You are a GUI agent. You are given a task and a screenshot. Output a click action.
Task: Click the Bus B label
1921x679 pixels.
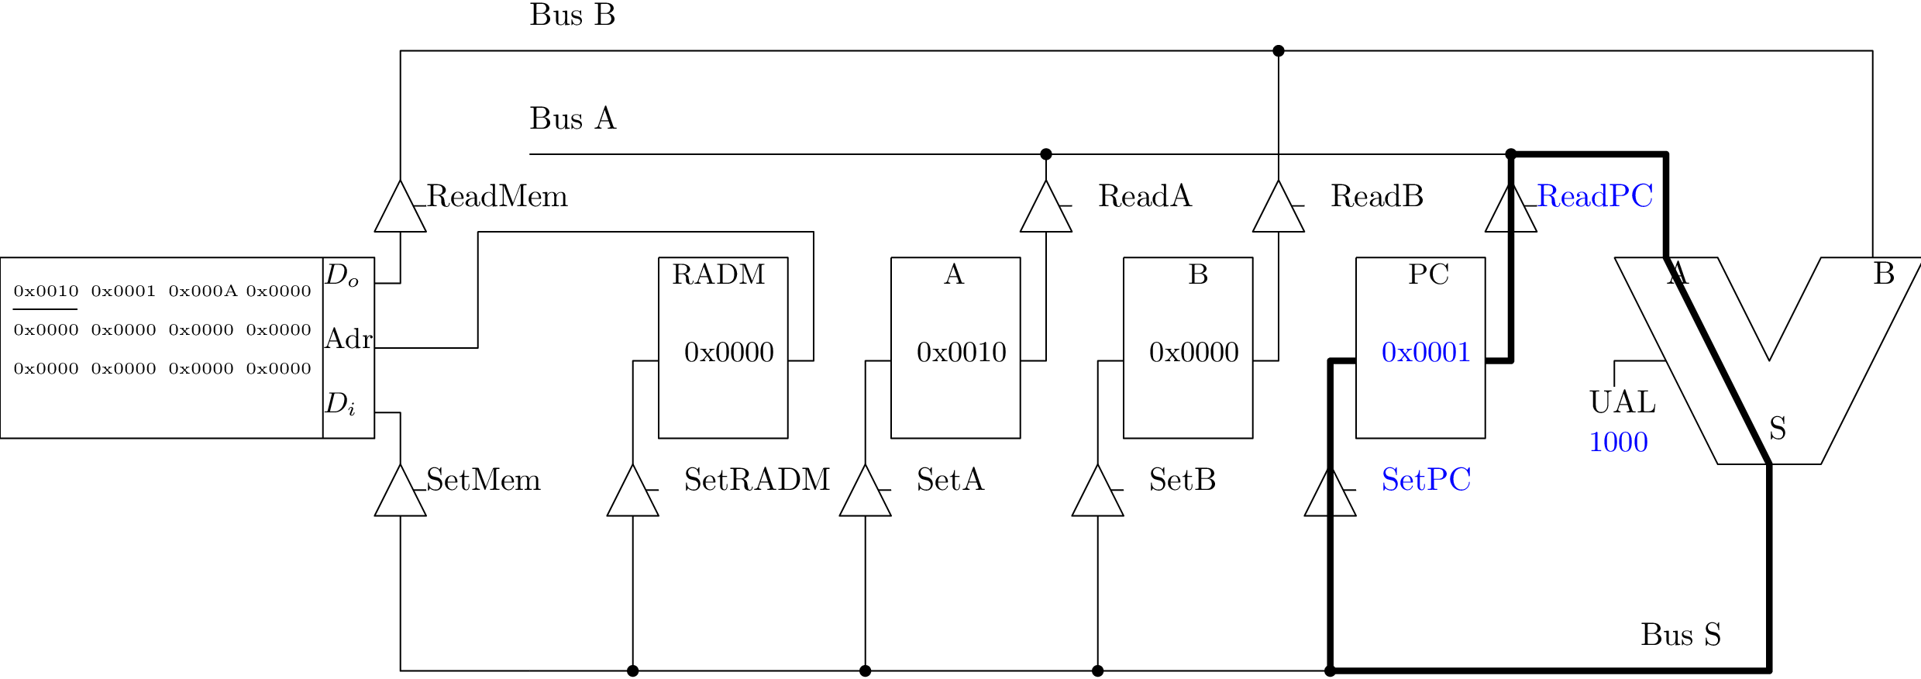[x=572, y=16]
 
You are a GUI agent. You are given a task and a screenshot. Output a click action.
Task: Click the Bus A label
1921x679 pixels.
[x=573, y=119]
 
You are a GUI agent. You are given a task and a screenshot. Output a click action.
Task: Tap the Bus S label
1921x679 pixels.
[x=1680, y=635]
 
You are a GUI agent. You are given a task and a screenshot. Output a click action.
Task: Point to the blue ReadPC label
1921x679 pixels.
[x=1595, y=196]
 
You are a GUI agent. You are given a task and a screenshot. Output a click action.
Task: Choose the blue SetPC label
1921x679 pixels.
[x=1426, y=480]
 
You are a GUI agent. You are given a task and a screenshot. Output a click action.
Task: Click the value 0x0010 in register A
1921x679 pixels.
[x=961, y=353]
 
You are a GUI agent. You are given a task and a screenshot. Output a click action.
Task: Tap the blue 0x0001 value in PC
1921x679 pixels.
[x=1426, y=353]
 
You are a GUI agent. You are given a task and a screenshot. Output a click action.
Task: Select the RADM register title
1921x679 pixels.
[x=718, y=274]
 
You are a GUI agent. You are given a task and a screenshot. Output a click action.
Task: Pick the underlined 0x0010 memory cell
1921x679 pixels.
[x=46, y=291]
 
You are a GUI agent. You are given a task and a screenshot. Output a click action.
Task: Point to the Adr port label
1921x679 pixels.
[x=348, y=339]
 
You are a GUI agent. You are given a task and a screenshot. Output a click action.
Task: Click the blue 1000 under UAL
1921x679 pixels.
[x=1618, y=443]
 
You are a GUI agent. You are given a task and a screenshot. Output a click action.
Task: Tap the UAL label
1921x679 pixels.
[x=1622, y=402]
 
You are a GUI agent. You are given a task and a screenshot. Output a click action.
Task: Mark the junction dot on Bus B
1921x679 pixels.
[x=1278, y=51]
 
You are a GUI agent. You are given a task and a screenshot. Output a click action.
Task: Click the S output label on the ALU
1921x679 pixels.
[x=1778, y=429]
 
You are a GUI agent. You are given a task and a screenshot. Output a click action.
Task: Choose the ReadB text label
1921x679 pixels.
[x=1376, y=196]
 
